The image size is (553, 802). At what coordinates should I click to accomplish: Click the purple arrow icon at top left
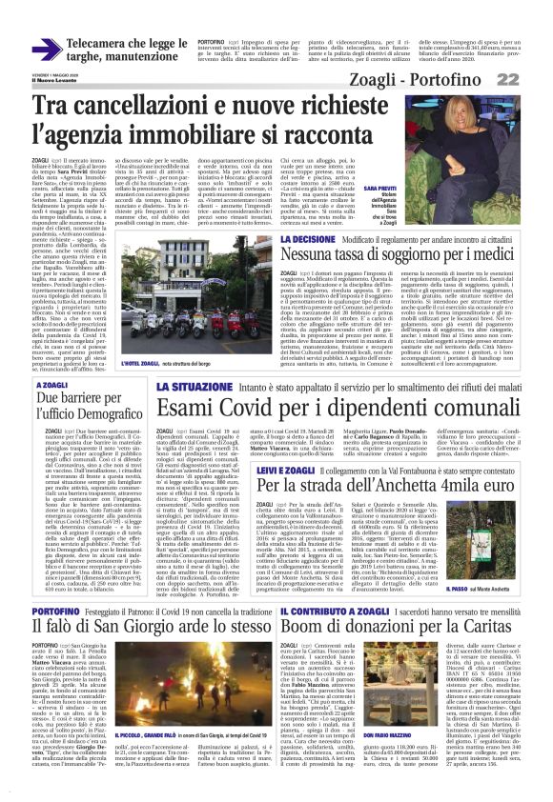tap(47, 49)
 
